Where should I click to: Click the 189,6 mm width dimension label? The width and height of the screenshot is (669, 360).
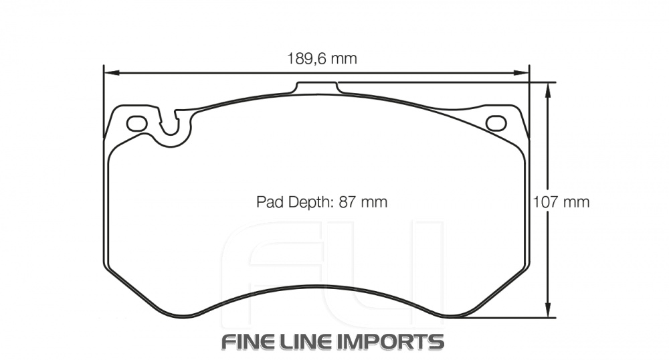coord(322,59)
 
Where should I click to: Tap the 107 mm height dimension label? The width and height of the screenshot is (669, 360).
coord(561,201)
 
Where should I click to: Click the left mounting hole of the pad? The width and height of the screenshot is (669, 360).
coord(136,123)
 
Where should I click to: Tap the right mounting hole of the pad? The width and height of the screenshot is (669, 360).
coord(496,123)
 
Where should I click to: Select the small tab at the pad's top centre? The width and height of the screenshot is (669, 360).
coord(317,88)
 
